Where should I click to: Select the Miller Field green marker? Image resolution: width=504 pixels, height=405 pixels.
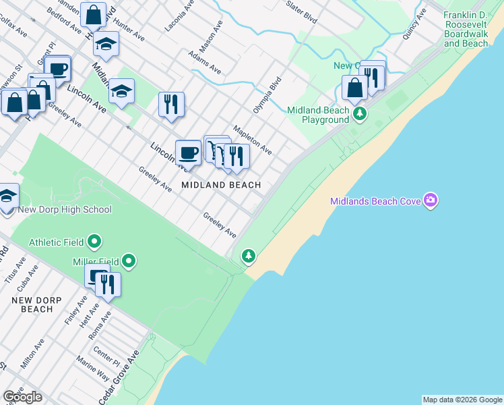pyautogui.click(x=129, y=261)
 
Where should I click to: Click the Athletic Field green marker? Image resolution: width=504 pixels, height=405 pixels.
pyautogui.click(x=94, y=240)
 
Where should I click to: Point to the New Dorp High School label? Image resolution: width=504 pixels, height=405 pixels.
pyautogui.click(x=65, y=209)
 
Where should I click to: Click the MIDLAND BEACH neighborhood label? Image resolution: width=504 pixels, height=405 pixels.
pyautogui.click(x=220, y=184)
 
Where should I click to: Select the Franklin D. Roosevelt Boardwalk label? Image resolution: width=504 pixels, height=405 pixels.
pyautogui.click(x=466, y=29)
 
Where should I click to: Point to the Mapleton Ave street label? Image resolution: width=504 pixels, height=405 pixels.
pyautogui.click(x=252, y=140)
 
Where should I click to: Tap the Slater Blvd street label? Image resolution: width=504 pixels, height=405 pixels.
pyautogui.click(x=301, y=12)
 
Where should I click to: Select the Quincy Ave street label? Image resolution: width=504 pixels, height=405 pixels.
pyautogui.click(x=414, y=24)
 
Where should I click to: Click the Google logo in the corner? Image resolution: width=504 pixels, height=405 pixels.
pyautogui.click(x=22, y=396)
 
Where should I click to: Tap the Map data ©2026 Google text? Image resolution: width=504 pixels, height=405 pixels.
pyautogui.click(x=462, y=400)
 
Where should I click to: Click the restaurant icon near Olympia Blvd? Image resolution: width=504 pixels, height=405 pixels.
pyautogui.click(x=171, y=104)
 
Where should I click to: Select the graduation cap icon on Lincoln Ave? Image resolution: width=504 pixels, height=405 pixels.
pyautogui.click(x=121, y=90)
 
